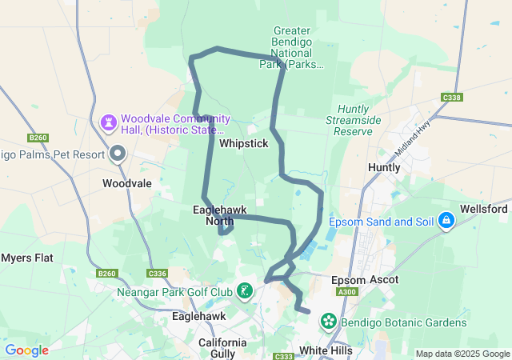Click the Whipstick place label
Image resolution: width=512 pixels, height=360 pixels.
tap(244, 143)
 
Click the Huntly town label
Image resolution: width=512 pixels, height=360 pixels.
tap(382, 167)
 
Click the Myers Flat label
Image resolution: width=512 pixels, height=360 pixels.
tap(26, 258)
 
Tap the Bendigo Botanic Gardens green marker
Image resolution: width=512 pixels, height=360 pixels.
tap(328, 322)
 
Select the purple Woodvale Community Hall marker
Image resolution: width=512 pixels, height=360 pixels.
tap(108, 122)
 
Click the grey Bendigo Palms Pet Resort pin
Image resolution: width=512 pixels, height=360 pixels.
tap(118, 153)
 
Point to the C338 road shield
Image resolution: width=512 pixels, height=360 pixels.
tap(451, 98)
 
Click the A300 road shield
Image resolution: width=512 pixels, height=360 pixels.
tap(347, 293)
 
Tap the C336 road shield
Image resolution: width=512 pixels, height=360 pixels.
tap(157, 274)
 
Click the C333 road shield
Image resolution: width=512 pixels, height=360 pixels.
tap(283, 356)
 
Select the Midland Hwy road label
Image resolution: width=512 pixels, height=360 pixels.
tap(412, 143)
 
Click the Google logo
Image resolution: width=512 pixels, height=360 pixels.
tap(26, 350)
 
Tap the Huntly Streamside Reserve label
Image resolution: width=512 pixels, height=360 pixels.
tap(353, 119)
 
